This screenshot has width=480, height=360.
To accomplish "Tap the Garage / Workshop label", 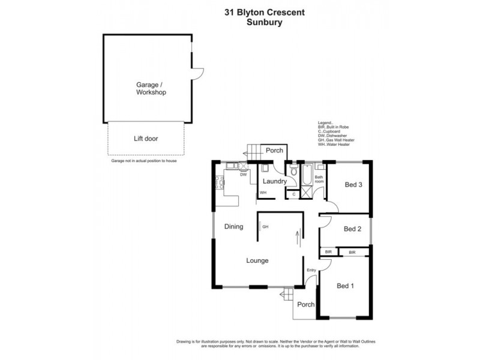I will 151,89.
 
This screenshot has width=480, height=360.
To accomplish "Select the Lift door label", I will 146,139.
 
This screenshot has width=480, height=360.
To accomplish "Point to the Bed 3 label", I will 353,185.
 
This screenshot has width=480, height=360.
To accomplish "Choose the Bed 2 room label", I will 353,229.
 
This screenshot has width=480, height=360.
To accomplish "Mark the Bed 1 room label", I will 345,286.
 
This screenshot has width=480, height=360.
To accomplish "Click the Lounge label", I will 257,261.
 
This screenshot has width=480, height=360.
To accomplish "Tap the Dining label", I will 233,227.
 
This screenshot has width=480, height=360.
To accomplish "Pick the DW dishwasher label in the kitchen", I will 243,175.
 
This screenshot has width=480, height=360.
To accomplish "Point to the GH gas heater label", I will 265,227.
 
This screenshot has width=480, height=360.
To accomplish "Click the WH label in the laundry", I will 263,193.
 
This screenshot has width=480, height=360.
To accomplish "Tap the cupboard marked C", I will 293,194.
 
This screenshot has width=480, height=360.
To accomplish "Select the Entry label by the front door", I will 311,270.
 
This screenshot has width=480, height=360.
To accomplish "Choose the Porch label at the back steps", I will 274,151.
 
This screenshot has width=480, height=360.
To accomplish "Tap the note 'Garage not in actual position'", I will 144,161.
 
